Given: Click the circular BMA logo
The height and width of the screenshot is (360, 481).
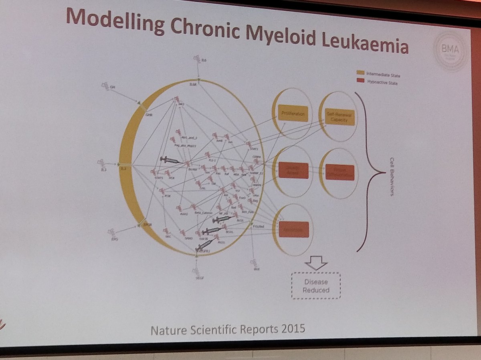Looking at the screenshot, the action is [x=451, y=51].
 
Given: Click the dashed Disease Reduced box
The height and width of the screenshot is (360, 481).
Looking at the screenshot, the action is [x=316, y=286].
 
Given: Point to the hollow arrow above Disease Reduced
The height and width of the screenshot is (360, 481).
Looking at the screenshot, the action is [x=316, y=264].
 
